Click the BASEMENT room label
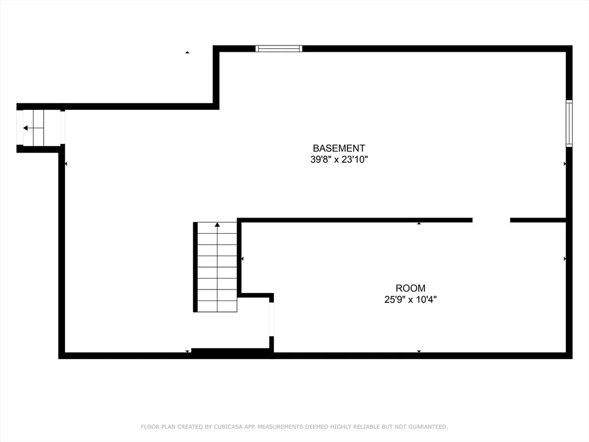pos(339,148)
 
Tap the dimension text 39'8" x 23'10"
pos(339,159)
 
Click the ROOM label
pos(411,288)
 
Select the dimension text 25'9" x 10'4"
pos(411,299)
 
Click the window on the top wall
pos(279,48)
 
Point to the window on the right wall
pos(569,123)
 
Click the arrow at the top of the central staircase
pos(217,225)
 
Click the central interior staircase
pos(217,267)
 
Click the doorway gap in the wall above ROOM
pos(491,220)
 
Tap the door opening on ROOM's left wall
pos(271,319)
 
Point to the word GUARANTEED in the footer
pos(428,426)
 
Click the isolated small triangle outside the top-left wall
pos(187,52)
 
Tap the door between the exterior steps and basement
pos(62,128)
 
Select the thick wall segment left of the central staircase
pos(196,267)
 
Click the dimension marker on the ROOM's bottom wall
pos(419,352)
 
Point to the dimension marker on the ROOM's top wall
pos(419,224)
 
